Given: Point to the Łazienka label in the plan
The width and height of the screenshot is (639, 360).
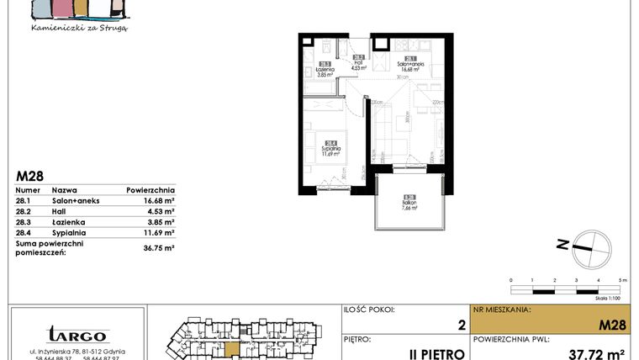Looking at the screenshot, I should pyautogui.click(x=325, y=71).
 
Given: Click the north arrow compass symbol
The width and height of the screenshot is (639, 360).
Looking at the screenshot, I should pyautogui.click(x=581, y=243).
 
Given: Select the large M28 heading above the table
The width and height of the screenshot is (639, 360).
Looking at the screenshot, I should pyautogui.click(x=30, y=176).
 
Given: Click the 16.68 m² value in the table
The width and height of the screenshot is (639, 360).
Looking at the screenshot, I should pyautogui.click(x=157, y=200).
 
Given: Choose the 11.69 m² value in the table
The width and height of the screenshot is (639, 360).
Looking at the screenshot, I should pyautogui.click(x=157, y=232).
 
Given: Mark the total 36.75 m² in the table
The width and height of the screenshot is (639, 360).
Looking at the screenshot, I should pyautogui.click(x=157, y=247).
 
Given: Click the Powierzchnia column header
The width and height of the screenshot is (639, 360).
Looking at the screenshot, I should pyautogui.click(x=151, y=190).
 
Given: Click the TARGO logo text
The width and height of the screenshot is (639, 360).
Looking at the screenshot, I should pyautogui.click(x=77, y=335).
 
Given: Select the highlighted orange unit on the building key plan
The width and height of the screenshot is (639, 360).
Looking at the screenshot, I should pyautogui.click(x=230, y=347).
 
